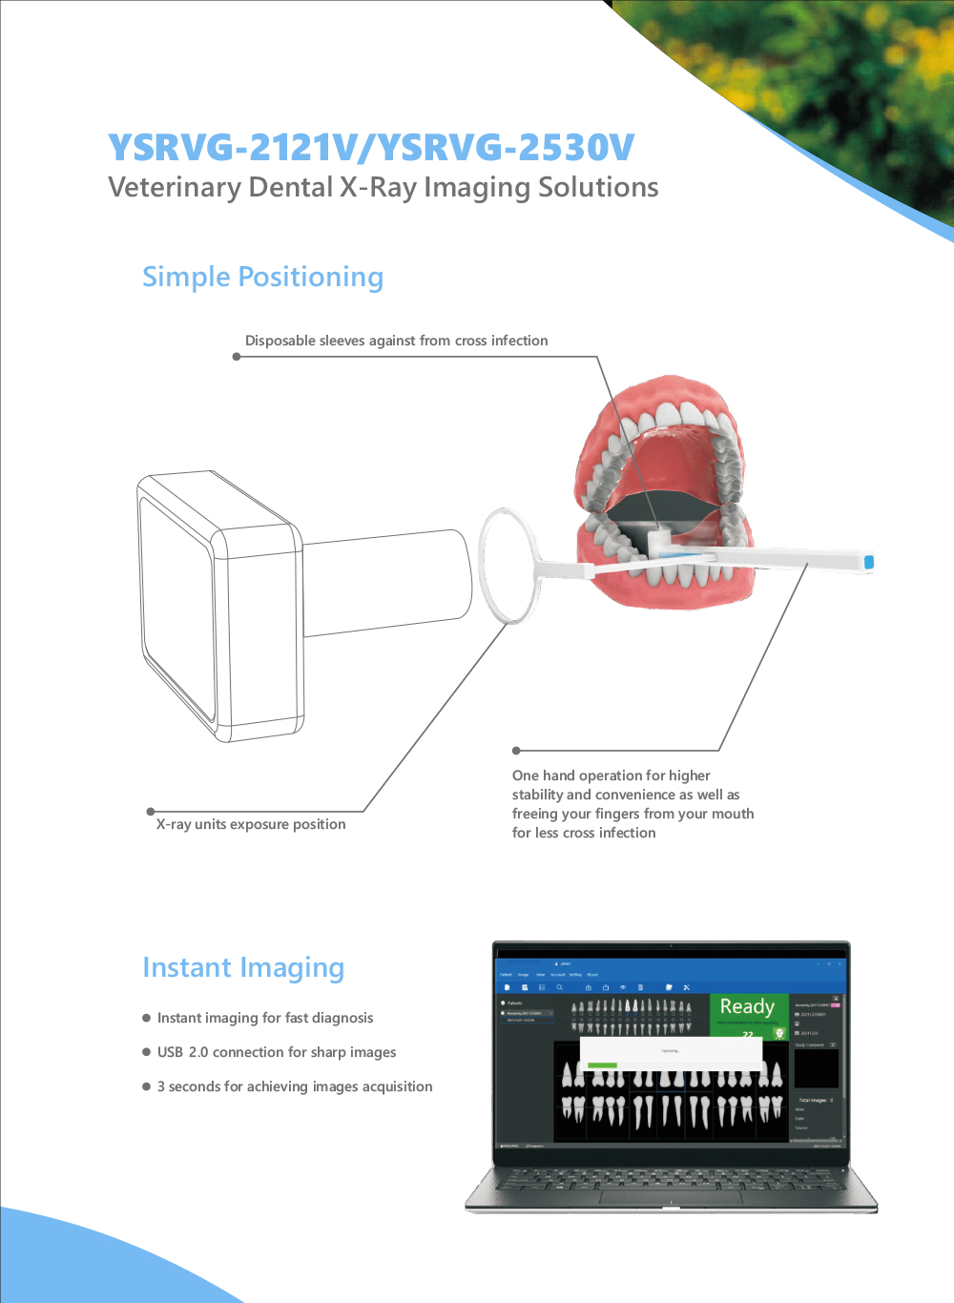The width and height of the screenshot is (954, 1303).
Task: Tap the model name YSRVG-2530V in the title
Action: [x=506, y=148]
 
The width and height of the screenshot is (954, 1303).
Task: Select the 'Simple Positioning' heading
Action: [x=262, y=278]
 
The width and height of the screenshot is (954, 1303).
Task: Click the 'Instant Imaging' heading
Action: [x=243, y=968]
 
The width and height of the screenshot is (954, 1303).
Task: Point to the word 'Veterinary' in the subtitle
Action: [x=175, y=188]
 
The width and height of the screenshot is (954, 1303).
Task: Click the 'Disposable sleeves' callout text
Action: [x=396, y=341]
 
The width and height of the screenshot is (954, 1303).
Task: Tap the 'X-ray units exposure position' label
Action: [x=251, y=824]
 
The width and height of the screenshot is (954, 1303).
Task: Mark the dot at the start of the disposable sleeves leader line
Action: [x=237, y=357]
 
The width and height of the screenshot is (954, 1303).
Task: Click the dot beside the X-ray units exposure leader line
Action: [x=151, y=812]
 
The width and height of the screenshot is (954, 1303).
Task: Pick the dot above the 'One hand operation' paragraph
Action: [x=516, y=751]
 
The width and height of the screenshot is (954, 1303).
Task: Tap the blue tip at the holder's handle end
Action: [x=868, y=562]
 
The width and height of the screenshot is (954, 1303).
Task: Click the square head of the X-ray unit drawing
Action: [x=219, y=606]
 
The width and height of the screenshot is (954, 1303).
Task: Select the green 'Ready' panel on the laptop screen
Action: [x=748, y=1013]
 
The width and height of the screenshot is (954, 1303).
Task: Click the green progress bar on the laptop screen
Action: [x=602, y=1065]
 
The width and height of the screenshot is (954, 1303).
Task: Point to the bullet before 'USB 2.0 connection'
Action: [x=147, y=1052]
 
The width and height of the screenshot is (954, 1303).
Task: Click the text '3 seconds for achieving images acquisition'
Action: [x=295, y=1086]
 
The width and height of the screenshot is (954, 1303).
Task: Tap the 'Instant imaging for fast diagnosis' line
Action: [x=265, y=1018]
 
